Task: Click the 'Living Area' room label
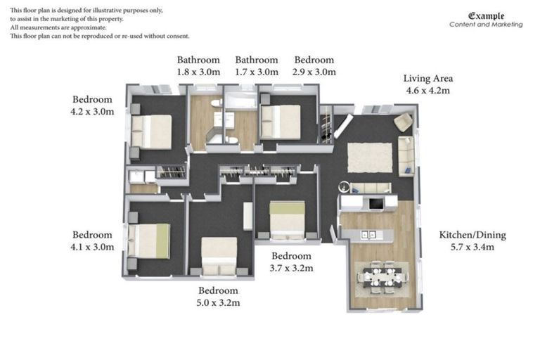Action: coord(427,78)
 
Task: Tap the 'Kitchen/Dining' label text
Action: coord(472,235)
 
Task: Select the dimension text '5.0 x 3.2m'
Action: coord(218,303)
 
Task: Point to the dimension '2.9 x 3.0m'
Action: coord(314,72)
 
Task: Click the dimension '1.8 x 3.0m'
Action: coord(198,72)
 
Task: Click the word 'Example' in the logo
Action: coord(486,15)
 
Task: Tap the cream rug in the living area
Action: coord(369,157)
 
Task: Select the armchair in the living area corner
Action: coord(403,122)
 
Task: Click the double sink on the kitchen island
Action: coord(367,234)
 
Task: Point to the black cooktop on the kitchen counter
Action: coord(376,204)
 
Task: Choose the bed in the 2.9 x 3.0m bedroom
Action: coord(280,121)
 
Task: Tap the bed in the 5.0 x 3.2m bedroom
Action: coord(219,255)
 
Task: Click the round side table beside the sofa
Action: coord(344,187)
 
